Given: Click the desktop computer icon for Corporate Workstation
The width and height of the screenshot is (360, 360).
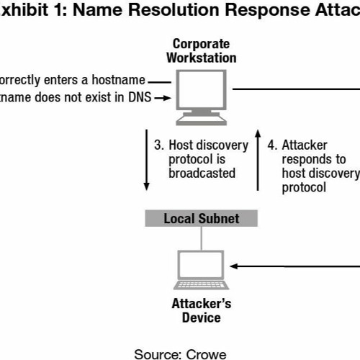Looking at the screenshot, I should (x=204, y=96).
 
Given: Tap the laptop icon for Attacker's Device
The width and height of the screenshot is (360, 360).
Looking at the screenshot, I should (x=202, y=269).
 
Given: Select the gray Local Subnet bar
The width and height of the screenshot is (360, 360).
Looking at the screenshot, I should (x=201, y=218).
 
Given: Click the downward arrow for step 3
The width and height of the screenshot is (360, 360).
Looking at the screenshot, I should (x=147, y=162).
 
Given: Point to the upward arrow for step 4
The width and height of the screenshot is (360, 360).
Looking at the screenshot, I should (x=257, y=162).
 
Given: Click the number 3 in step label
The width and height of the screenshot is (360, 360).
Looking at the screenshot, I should (x=158, y=145).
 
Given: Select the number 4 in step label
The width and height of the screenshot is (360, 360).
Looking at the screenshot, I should (x=271, y=145).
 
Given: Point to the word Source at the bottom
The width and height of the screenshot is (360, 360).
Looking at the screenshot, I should (x=156, y=354).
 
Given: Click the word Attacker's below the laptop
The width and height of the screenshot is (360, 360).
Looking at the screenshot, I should (x=202, y=303).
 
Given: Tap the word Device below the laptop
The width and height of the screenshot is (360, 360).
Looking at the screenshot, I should (x=202, y=317).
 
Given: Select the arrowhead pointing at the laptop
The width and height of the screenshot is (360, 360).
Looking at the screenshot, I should (x=234, y=266).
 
